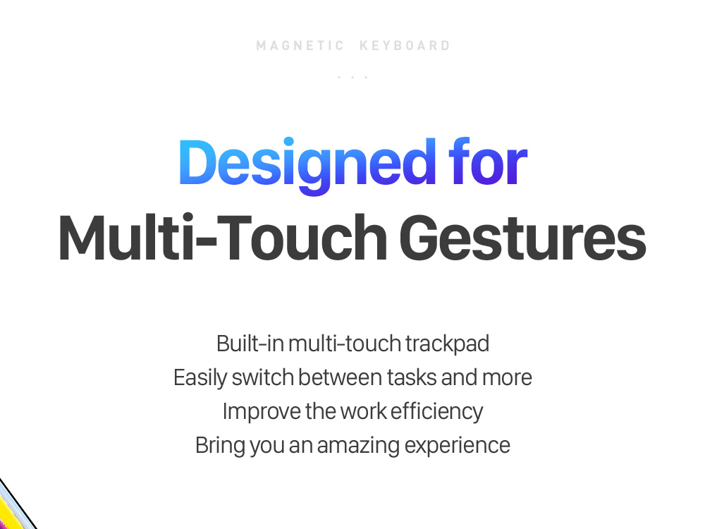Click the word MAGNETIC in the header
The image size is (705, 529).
point(300,46)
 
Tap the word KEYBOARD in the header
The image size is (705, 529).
point(405,46)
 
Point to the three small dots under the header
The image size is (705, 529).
point(353,78)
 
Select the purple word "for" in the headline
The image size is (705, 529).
point(489,161)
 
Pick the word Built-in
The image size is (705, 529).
point(250,343)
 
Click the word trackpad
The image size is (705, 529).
point(447,344)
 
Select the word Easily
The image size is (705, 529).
point(200,378)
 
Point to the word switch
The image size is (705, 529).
point(263,377)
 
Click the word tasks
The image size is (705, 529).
point(412,377)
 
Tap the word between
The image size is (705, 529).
point(340,377)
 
